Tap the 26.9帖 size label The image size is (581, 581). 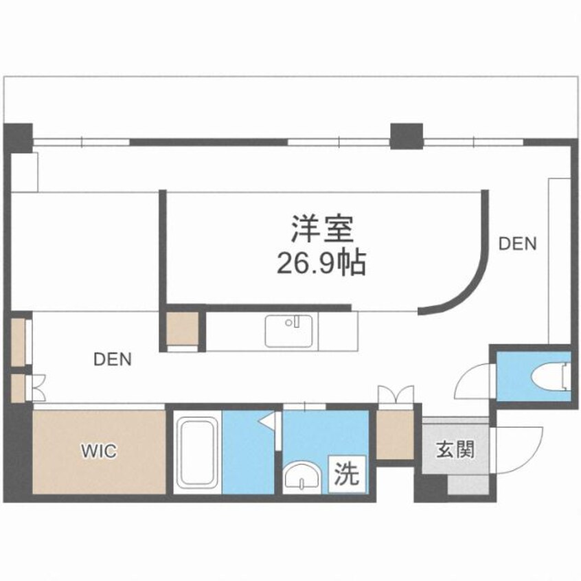(321, 262)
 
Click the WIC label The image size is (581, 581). (99, 451)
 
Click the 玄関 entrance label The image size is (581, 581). (455, 451)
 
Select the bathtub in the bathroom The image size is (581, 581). (197, 453)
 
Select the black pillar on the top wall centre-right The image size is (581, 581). (407, 135)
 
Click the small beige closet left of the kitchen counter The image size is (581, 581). (183, 330)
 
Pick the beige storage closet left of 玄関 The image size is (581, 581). (396, 435)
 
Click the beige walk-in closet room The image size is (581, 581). (99, 451)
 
